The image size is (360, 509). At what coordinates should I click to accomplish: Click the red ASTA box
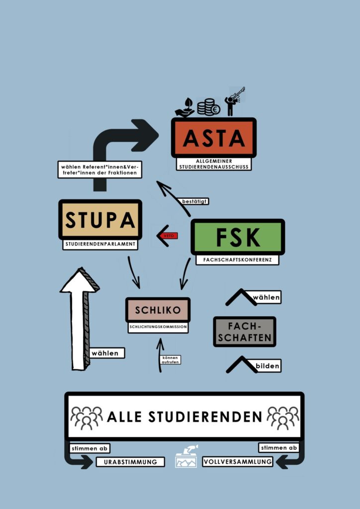[214, 138]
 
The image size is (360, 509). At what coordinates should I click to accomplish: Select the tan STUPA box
[100, 220]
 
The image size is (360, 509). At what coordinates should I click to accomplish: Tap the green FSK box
[238, 237]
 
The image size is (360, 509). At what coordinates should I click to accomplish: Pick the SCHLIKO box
[158, 310]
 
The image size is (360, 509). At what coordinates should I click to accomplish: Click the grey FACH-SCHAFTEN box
[245, 332]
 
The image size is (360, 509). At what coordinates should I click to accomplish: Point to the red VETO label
[169, 236]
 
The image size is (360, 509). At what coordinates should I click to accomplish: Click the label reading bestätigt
[194, 201]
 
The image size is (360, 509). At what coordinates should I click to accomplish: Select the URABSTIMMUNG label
[130, 462]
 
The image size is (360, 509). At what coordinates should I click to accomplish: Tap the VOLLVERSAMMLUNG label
[237, 461]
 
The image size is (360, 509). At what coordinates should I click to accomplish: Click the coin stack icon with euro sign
[209, 107]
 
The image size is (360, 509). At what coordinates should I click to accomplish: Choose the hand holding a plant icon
[184, 108]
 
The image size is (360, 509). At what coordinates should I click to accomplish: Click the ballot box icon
[186, 456]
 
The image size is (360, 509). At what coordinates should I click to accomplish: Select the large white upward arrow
[80, 319]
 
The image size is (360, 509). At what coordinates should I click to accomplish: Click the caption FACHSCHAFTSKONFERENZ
[237, 259]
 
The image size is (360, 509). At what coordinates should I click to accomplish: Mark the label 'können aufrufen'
[171, 360]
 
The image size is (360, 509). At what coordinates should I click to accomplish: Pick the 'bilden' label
[268, 366]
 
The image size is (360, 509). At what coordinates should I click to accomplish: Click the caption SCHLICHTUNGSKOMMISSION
[158, 327]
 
